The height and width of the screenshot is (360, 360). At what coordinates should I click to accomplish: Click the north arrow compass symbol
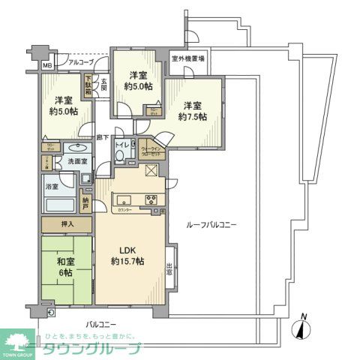pyautogui.click(x=303, y=327)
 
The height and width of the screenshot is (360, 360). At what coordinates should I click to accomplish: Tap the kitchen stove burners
pyautogui.click(x=150, y=200)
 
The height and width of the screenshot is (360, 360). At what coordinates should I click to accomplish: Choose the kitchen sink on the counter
pyautogui.click(x=122, y=200)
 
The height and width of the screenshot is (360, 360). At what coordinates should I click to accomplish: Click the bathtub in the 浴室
pyautogui.click(x=58, y=203)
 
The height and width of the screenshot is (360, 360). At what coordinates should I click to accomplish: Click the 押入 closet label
pyautogui.click(x=66, y=224)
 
